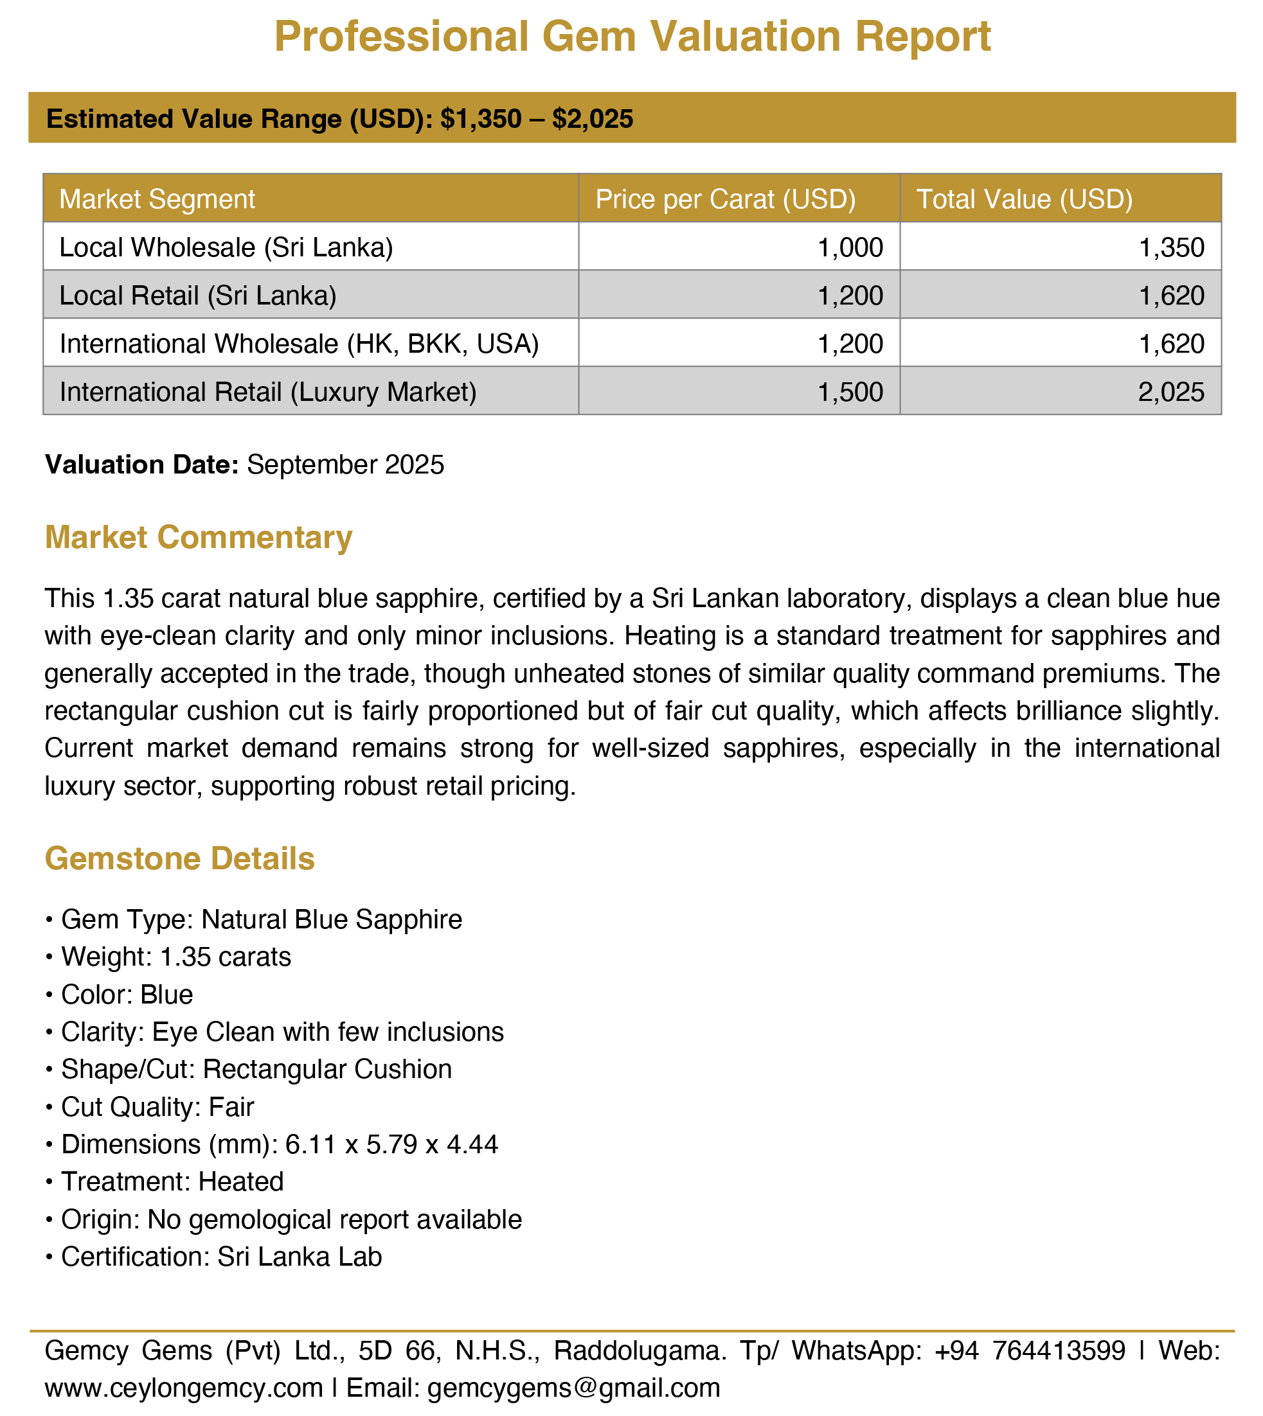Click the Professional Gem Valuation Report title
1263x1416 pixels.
tap(632, 36)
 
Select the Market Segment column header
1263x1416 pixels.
tap(157, 199)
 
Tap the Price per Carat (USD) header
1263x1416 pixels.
tap(725, 199)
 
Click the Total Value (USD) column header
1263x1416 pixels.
tap(1025, 199)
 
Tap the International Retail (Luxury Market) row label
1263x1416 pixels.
tap(268, 392)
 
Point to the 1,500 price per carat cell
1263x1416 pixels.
tap(850, 392)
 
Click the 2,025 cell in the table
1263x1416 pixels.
tap(1171, 392)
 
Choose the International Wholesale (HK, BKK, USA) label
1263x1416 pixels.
tap(299, 344)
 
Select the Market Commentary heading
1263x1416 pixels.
tap(199, 538)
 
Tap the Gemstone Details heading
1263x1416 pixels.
tap(180, 858)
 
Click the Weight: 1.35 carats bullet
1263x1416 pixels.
tap(175, 957)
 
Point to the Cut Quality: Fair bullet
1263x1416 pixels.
tap(157, 1106)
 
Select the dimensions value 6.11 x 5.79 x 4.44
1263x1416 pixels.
tap(391, 1144)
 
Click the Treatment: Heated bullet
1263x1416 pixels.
tap(172, 1181)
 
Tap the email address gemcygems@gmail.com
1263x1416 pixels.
tap(573, 1388)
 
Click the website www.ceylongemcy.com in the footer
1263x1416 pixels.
tap(184, 1388)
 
